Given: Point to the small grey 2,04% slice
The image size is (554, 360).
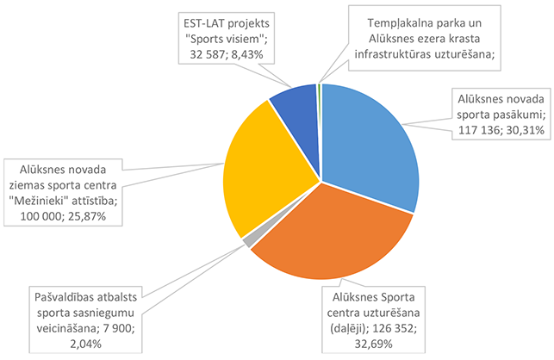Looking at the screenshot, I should [x=248, y=242].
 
